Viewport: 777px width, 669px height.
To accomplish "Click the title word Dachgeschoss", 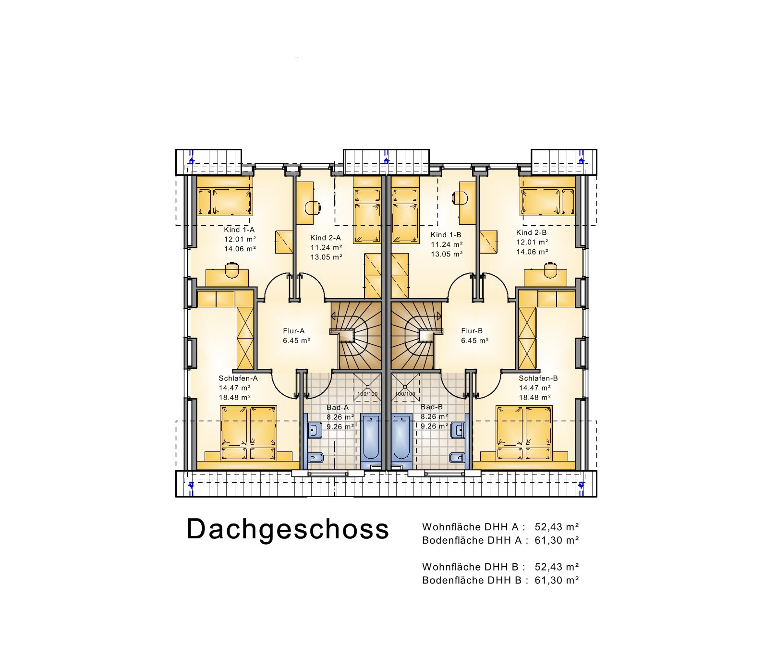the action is click(287, 529).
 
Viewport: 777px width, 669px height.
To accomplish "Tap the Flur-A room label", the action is click(293, 331).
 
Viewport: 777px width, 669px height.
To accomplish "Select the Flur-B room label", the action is click(472, 331).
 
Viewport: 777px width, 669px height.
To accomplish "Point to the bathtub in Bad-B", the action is click(401, 438).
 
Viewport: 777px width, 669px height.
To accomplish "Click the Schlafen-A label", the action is click(238, 378).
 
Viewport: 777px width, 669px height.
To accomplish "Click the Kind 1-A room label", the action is click(239, 230).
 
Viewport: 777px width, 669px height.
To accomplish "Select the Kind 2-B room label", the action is click(531, 232).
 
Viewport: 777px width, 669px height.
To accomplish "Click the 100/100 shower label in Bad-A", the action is click(367, 394).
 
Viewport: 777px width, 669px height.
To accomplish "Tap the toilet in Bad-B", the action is click(457, 457).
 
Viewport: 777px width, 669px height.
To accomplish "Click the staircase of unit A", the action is click(356, 336).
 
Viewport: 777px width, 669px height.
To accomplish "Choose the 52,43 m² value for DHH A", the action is click(557, 527).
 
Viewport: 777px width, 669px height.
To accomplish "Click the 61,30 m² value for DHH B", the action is click(557, 580).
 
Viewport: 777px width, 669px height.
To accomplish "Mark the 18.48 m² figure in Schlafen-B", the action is click(534, 398).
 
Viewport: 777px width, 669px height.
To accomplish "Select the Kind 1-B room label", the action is click(446, 235).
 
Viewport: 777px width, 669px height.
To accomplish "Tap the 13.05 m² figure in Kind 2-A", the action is click(326, 257).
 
